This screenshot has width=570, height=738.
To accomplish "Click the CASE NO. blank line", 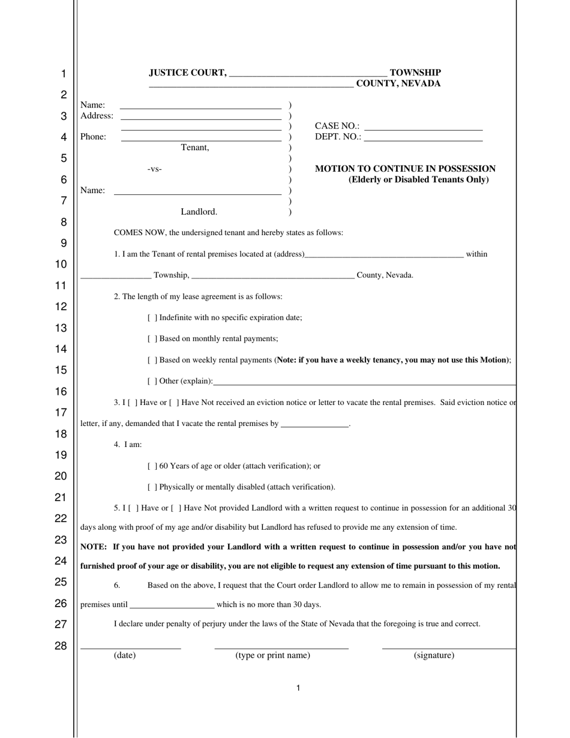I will [423, 127].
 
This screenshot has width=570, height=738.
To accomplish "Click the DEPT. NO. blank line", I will [423, 137].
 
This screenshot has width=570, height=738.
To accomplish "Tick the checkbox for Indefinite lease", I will [152, 317].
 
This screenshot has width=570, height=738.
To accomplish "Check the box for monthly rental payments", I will [152, 338].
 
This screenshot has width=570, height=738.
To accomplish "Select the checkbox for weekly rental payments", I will [152, 360].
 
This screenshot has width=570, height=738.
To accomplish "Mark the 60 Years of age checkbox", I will [152, 466].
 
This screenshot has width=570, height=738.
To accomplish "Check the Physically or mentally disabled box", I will [152, 487].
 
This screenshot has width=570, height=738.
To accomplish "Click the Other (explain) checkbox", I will [152, 381].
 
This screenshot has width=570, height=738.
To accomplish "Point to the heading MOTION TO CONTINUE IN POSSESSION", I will [405, 169].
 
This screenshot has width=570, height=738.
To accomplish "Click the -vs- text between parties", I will [154, 169].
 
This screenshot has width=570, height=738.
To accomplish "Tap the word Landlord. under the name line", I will [199, 212].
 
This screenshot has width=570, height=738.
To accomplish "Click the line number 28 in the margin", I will [61, 646].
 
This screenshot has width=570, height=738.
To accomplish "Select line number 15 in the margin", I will [61, 370].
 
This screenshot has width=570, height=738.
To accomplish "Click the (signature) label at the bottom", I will [434, 655].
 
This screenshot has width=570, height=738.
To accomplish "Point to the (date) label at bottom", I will [125, 655].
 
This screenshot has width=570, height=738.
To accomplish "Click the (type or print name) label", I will [272, 655].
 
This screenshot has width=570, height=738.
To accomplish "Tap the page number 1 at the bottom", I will [298, 688].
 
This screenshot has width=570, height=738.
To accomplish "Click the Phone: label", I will [93, 137].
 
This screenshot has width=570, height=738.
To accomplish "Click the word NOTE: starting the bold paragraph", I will [93, 547].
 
